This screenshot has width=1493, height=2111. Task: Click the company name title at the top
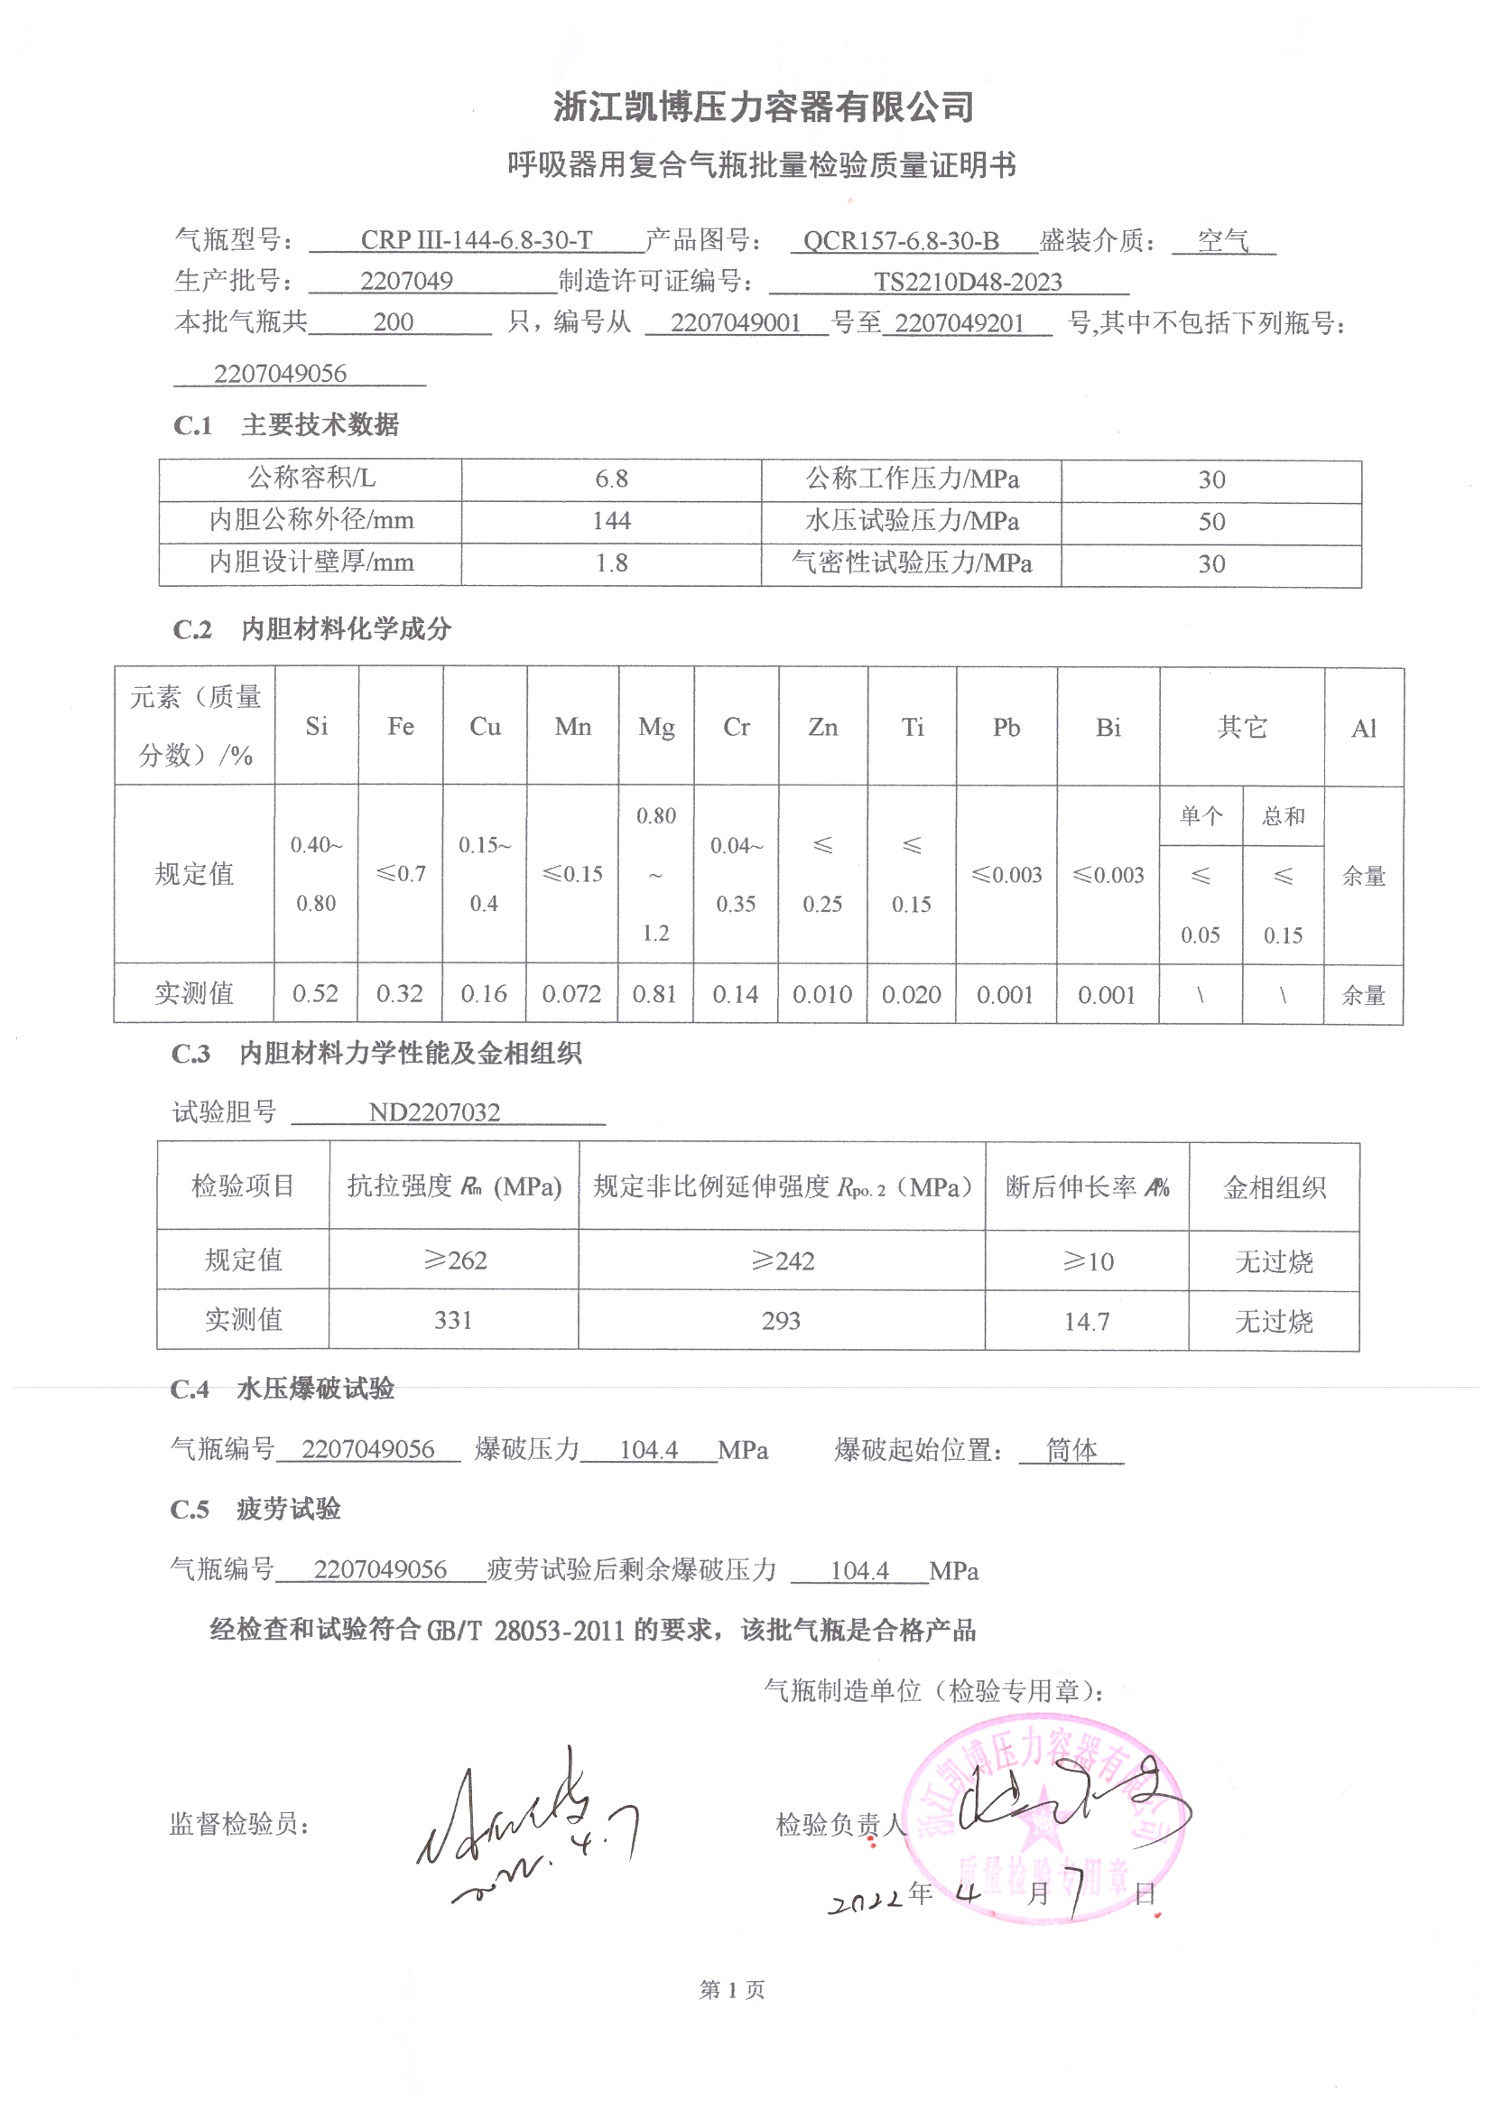pos(763,107)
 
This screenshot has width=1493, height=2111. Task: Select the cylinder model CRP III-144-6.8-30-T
pos(477,240)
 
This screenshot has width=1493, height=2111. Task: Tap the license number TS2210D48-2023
pos(967,282)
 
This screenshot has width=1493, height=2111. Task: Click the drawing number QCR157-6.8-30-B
pos(901,241)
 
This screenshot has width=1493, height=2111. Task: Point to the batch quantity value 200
pos(393,321)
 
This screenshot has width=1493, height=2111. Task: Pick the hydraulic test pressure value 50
pos(1210,521)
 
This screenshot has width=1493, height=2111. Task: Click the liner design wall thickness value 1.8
pos(611,563)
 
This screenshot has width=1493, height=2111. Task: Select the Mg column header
pos(656,727)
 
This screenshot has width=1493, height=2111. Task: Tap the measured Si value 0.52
pos(315,994)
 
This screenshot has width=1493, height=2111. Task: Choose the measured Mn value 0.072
pos(570,994)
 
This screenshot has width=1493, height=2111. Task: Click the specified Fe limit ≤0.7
pos(401,873)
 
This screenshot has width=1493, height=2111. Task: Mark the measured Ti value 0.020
pos(911,995)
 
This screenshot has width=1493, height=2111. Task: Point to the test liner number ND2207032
pos(434,1112)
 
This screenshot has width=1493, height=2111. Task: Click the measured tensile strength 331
pos(453,1320)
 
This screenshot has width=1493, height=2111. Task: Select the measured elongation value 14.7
pos(1087,1321)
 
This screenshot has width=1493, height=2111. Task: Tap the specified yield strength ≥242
pos(783,1260)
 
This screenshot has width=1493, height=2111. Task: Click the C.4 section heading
pos(283,1389)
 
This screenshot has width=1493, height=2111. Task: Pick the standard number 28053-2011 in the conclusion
pos(560,1630)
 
